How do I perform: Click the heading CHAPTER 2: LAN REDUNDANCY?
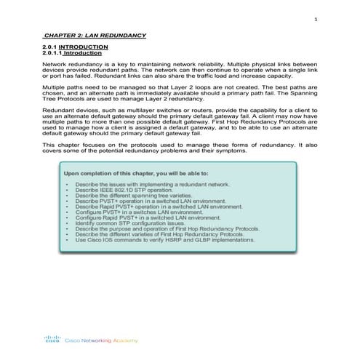point(95,35)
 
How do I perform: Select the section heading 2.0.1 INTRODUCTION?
point(76,47)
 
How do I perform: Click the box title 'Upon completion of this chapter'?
point(136,175)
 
